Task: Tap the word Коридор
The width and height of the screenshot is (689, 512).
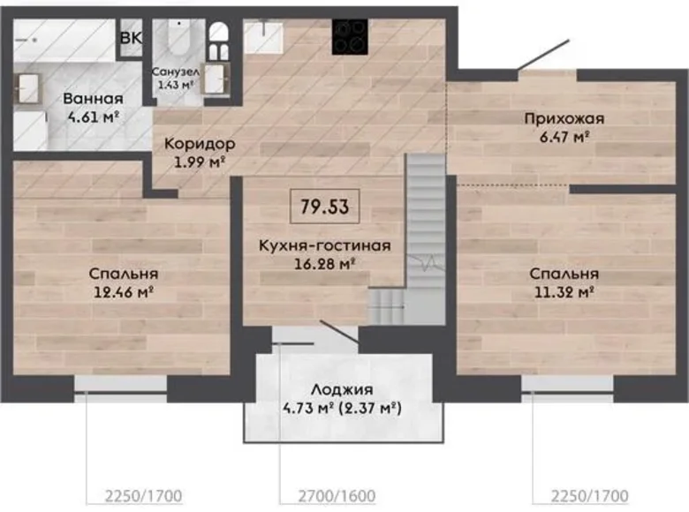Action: tap(199, 143)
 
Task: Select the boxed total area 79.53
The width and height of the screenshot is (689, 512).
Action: tap(324, 207)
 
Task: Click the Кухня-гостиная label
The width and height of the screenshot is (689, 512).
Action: tap(325, 246)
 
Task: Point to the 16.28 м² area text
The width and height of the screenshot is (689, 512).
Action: tap(325, 262)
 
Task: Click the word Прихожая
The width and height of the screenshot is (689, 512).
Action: tap(557, 119)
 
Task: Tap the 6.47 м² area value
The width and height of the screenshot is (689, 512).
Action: tap(557, 136)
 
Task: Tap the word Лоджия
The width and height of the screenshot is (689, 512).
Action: tap(342, 389)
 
